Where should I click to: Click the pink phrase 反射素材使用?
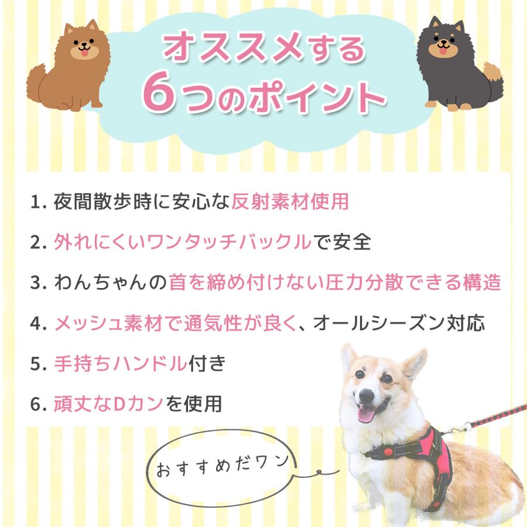tap(290, 201)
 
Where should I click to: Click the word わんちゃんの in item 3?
tap(110, 282)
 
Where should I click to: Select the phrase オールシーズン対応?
tap(399, 323)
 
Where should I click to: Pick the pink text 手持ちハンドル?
tap(120, 363)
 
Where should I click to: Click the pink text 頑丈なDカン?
tap(108, 403)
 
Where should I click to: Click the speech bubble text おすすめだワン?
tap(223, 466)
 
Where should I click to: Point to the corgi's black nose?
tap(367, 396)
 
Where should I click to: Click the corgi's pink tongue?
tap(366, 413)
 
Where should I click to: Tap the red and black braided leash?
tap(497, 415)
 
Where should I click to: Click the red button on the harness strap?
tap(388, 451)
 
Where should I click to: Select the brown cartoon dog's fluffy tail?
tap(37, 83)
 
